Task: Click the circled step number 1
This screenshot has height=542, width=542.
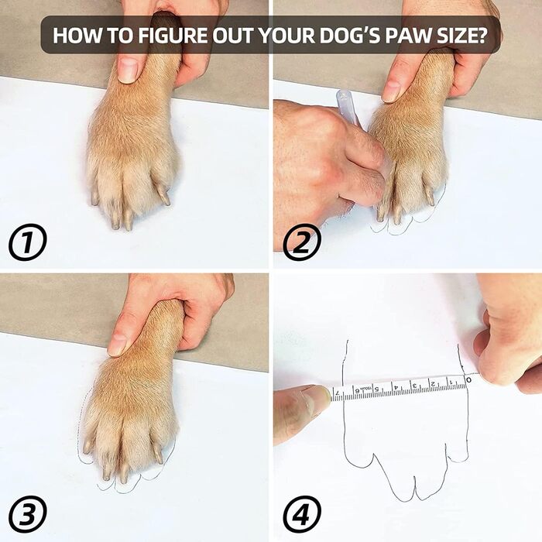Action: pyautogui.click(x=28, y=242)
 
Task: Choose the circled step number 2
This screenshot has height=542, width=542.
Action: pyautogui.click(x=302, y=242)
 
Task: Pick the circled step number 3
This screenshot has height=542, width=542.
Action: pyautogui.click(x=28, y=515)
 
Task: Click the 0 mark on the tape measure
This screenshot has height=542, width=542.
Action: pyautogui.click(x=468, y=379)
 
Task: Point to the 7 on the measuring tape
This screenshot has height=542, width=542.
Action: pyautogui.click(x=337, y=392)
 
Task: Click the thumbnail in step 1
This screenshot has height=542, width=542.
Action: pyautogui.click(x=128, y=70)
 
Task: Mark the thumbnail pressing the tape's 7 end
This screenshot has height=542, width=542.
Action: pyautogui.click(x=315, y=397)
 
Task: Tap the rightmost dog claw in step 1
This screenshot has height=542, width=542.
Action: pyautogui.click(x=163, y=194)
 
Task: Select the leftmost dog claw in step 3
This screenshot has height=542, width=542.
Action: pyautogui.click(x=87, y=447)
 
